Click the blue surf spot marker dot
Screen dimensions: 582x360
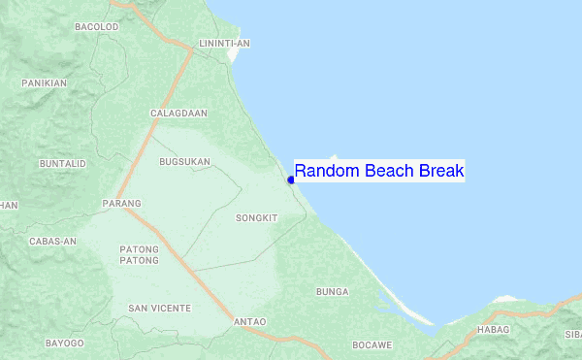(x=291, y=180)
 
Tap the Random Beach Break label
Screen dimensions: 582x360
(x=379, y=172)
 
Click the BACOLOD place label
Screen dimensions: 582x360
(x=96, y=27)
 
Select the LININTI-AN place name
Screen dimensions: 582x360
(x=224, y=44)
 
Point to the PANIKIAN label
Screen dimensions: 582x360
(x=45, y=83)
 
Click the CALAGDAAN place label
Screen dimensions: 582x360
(x=178, y=114)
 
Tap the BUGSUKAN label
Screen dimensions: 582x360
(x=184, y=162)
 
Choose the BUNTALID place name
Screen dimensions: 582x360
(x=63, y=164)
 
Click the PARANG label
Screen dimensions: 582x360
(x=121, y=204)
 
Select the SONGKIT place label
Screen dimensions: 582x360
(x=257, y=218)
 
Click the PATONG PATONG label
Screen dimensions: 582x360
(x=139, y=255)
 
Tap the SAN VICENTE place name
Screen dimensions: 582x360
(x=160, y=308)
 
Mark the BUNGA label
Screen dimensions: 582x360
(x=332, y=291)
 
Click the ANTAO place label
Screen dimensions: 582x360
(x=250, y=321)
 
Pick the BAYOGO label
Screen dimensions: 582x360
(x=65, y=344)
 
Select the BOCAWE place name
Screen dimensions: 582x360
(x=372, y=344)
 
